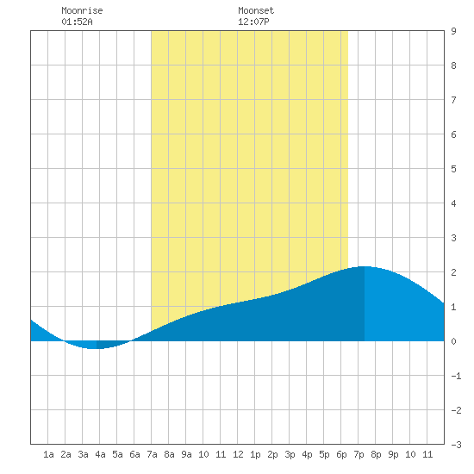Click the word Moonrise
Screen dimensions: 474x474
[82, 10]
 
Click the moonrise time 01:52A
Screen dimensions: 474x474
[77, 22]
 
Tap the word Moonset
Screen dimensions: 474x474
[256, 10]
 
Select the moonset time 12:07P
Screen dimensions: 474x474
[253, 22]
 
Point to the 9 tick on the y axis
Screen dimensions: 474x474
[453, 31]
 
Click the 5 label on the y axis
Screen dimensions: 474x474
[453, 169]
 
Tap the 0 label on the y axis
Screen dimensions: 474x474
[453, 341]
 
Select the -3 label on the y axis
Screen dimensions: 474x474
[456, 445]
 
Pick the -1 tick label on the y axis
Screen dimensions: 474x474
[456, 376]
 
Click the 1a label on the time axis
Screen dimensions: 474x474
[48, 454]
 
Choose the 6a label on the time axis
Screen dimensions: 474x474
[134, 454]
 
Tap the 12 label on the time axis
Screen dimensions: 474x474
[238, 454]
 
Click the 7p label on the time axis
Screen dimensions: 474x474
[359, 454]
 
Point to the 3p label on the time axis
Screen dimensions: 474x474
[290, 454]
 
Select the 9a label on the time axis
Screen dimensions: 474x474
[186, 454]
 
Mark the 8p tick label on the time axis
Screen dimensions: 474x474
[376, 454]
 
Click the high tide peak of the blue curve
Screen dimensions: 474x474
[365, 266]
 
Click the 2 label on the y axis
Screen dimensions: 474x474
[453, 272]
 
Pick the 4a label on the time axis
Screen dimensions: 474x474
[100, 454]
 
